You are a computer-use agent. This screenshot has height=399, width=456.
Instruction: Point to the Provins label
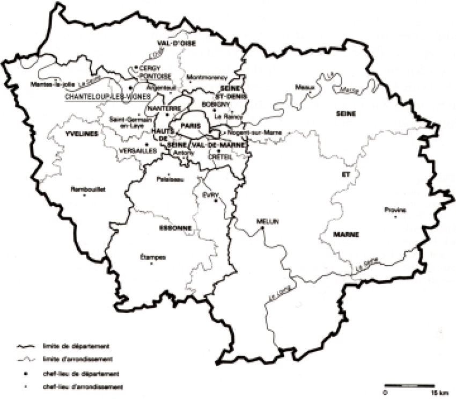tap(395, 210)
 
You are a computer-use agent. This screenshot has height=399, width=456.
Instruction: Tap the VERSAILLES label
tap(139, 151)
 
